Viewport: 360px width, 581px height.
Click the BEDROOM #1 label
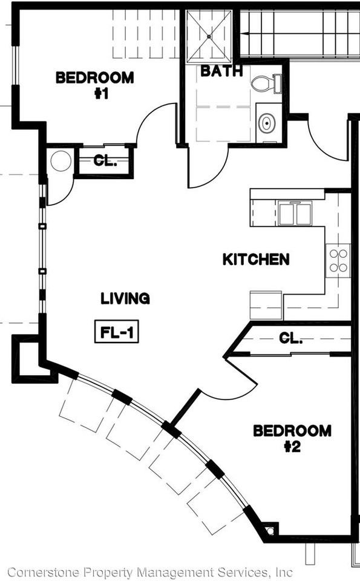click(x=95, y=85)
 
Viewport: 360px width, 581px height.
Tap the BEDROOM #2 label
click(x=292, y=438)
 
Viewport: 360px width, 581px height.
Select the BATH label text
click(x=221, y=71)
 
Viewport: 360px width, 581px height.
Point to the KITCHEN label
click(x=256, y=260)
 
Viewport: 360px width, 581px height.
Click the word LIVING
click(x=125, y=298)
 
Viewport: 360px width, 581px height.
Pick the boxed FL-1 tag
click(x=117, y=331)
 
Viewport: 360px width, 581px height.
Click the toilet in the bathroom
click(x=266, y=84)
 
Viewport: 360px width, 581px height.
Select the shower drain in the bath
click(x=209, y=36)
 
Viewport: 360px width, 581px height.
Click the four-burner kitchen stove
click(x=338, y=260)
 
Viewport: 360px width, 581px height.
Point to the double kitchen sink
click(x=295, y=214)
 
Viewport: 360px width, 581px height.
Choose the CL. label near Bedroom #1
click(x=105, y=161)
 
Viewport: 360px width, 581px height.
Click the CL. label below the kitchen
click(x=291, y=338)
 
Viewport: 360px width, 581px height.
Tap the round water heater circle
click(x=61, y=161)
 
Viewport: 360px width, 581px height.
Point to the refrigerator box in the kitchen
click(x=266, y=305)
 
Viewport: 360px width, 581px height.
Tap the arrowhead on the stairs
click(x=244, y=34)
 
